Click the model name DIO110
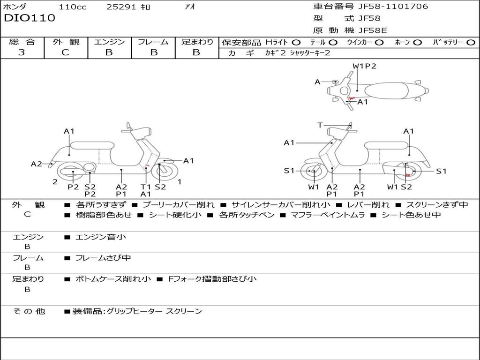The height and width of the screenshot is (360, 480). pos(30,18)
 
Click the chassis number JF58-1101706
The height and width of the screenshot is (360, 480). pos(393,7)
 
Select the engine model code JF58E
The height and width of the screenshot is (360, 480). pos(373,30)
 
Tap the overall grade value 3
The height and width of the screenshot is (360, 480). pos(22,52)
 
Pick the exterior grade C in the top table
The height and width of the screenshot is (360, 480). pos(66,52)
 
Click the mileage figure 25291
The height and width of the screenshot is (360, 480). pos(121,7)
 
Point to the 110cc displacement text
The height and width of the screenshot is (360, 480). pos(73,7)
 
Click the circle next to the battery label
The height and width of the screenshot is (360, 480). pos(471,42)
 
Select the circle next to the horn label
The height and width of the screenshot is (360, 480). pos(418,42)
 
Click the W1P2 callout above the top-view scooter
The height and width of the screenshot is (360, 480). pos(364,66)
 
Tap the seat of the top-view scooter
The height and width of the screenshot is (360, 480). pos(387,91)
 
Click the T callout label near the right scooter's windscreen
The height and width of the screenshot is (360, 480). pos(320,125)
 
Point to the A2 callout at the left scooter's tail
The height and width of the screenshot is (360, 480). pos(37,164)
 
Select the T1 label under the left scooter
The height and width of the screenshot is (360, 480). pos(146,187)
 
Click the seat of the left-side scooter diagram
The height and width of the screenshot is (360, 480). pos(92,145)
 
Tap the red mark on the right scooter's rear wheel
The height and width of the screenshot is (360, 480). pos(408,175)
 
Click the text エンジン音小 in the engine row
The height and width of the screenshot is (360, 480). pos(101,237)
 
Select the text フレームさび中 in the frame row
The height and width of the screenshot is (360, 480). pos(103,258)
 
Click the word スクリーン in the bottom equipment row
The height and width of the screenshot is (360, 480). pos(184,311)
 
